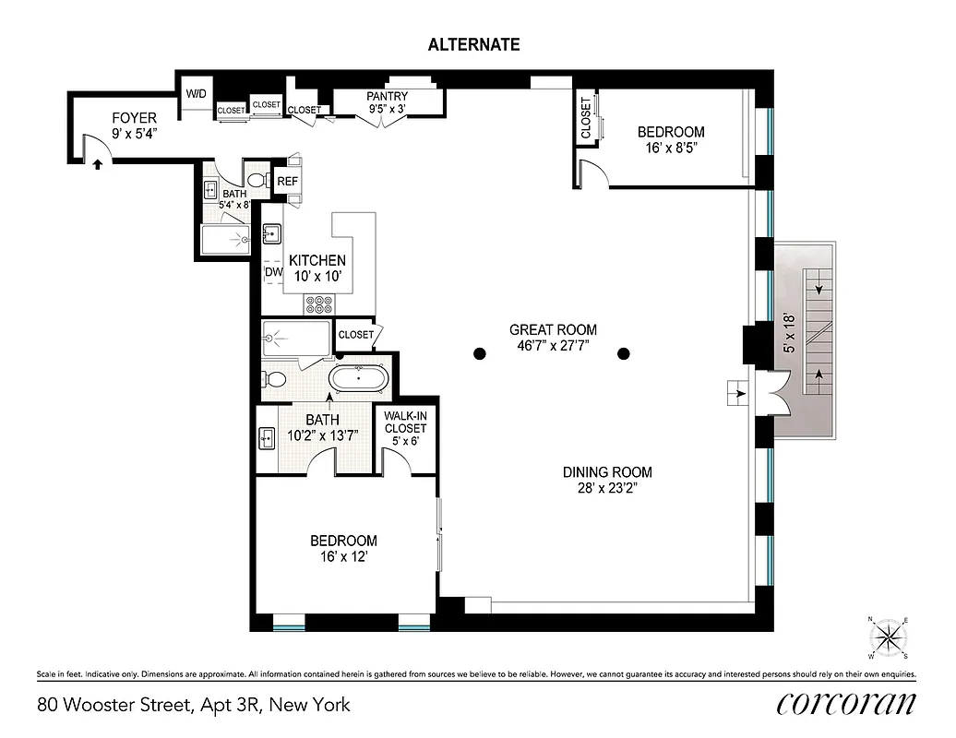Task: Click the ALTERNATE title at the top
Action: (x=473, y=44)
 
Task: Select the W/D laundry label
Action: (x=197, y=94)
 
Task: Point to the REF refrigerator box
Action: (x=288, y=182)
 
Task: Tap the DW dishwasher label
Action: (x=272, y=272)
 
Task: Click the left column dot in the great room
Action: (x=479, y=352)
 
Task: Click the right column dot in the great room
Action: (x=624, y=352)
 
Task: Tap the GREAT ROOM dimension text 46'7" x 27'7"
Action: (x=553, y=347)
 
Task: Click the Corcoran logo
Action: (x=846, y=704)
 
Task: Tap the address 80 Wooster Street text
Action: (x=194, y=705)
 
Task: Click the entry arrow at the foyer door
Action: (x=97, y=164)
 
